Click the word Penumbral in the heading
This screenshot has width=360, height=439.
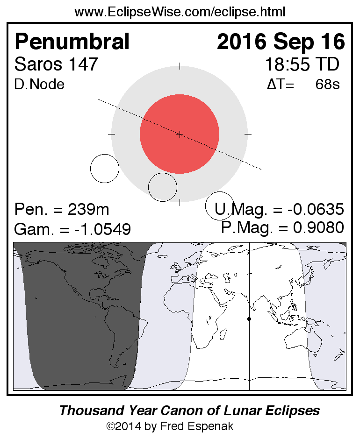72,42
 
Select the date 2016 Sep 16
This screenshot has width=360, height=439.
281,42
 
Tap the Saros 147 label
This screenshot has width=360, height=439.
57,64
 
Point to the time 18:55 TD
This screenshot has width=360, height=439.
302,64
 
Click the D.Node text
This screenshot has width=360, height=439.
40,85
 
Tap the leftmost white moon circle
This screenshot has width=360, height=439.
105,168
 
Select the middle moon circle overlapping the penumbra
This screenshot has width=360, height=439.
163,187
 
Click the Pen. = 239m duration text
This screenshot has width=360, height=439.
62,209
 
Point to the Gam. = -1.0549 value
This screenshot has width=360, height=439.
72,229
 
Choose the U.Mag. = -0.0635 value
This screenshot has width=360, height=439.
280,209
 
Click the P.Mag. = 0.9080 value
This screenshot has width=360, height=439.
283,227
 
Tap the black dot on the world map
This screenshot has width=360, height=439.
249,319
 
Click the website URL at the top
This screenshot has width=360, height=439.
180,12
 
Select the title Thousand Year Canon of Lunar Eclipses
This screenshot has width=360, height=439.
189,411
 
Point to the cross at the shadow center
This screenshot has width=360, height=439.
180,134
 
